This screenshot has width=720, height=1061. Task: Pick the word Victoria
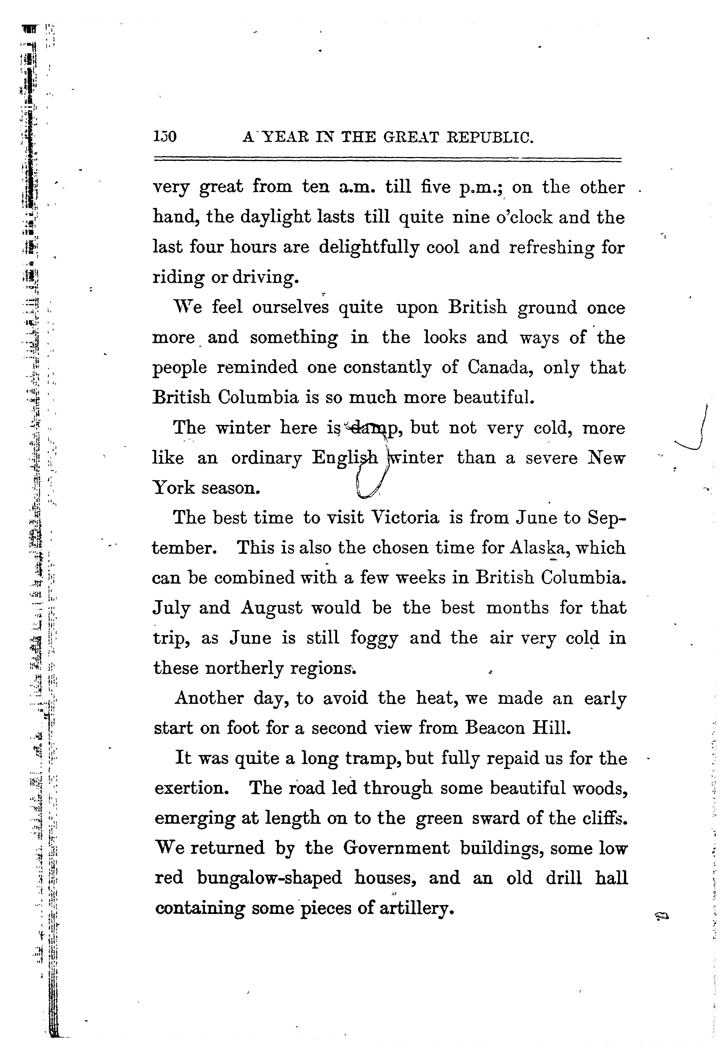(x=404, y=517)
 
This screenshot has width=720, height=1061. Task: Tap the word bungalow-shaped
(x=270, y=878)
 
